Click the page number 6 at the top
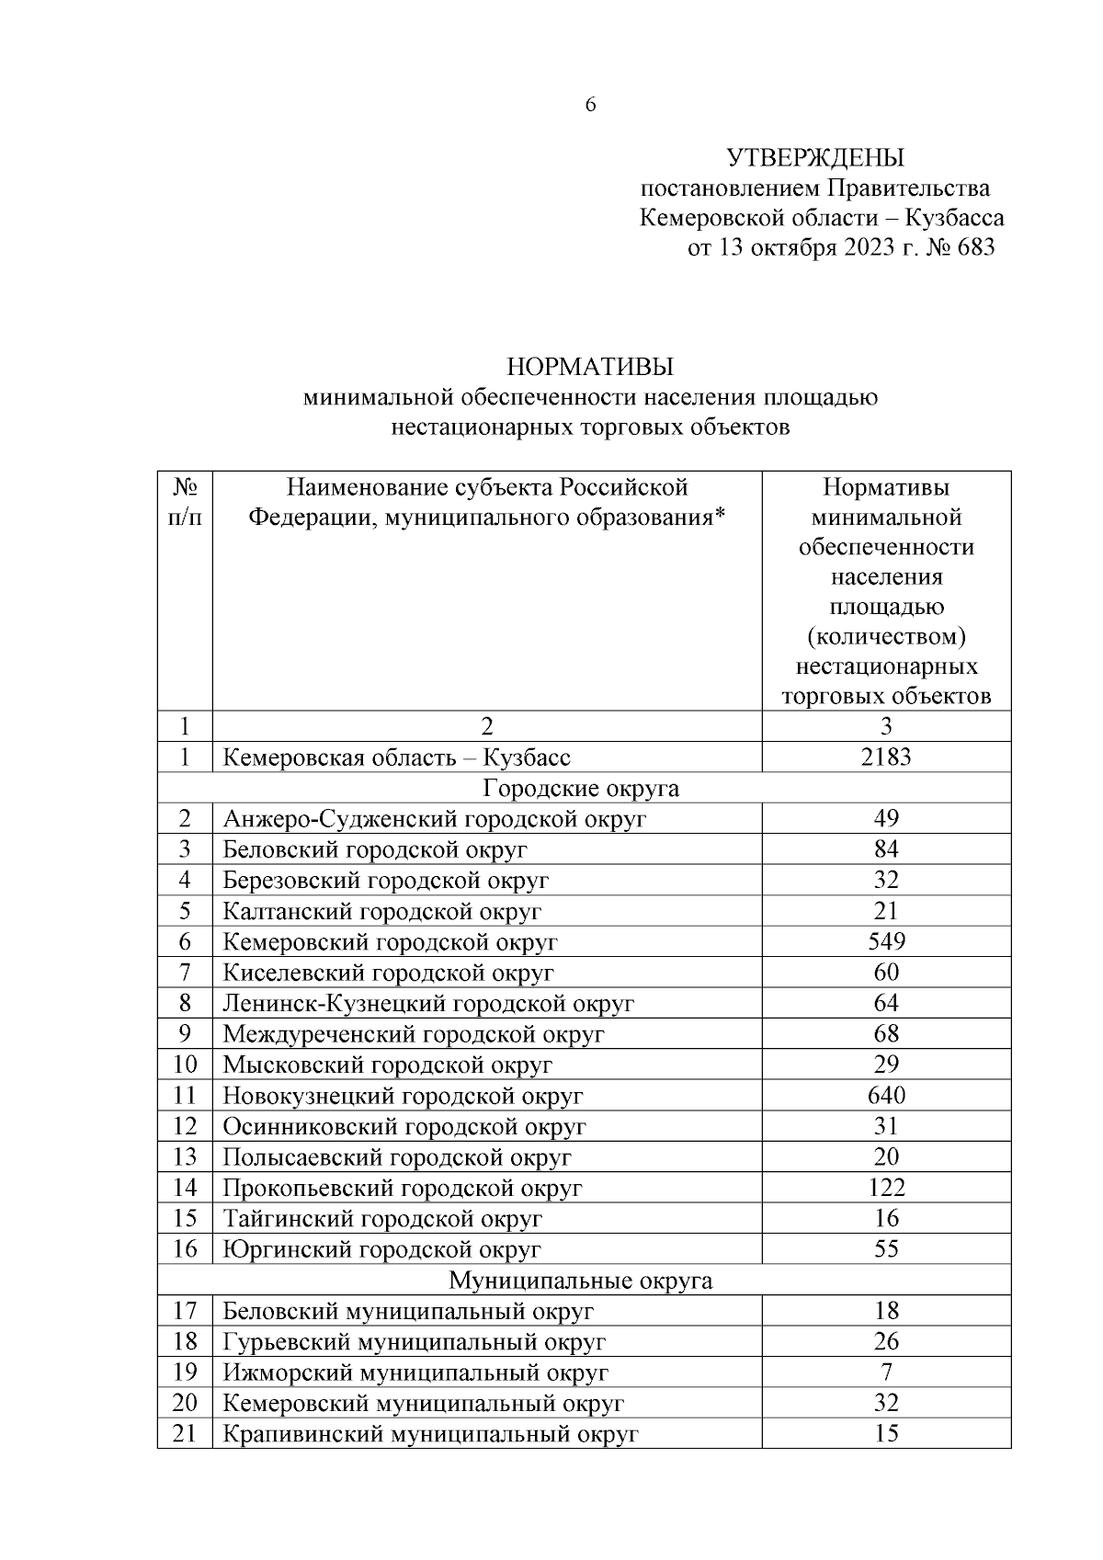click(590, 105)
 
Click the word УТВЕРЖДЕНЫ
click(815, 158)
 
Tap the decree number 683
click(975, 247)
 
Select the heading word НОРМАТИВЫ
click(590, 367)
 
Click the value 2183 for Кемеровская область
click(886, 757)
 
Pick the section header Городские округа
click(581, 789)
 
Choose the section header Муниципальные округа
click(581, 1281)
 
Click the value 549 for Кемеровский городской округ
click(886, 941)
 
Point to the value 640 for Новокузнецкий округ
click(886, 1096)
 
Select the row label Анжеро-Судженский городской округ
click(435, 819)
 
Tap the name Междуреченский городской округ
click(414, 1034)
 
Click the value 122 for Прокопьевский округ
click(886, 1188)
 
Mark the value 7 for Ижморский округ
click(886, 1372)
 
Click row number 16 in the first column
click(185, 1249)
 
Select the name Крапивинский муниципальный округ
click(430, 1434)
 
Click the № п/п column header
click(185, 501)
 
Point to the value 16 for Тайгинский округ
click(886, 1219)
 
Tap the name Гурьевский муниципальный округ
click(415, 1342)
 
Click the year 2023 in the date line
click(862, 247)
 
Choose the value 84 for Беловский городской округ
click(886, 849)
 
